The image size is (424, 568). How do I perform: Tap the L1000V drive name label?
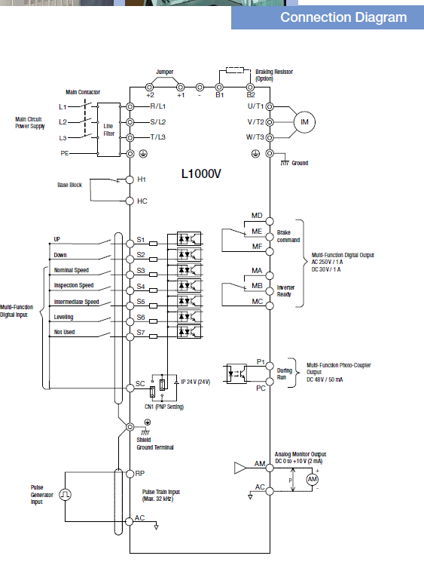point(201,174)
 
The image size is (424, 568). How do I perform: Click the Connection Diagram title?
point(343,17)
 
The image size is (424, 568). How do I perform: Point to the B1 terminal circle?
point(219,88)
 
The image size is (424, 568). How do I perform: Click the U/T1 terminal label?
point(256,106)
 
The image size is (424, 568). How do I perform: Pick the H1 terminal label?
point(142,180)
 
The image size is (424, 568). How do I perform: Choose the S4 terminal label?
point(141,287)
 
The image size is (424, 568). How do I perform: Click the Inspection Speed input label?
point(74,285)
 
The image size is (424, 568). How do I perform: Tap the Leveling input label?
point(64,317)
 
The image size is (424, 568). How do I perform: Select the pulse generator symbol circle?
point(65,495)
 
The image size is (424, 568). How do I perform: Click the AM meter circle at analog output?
point(313,480)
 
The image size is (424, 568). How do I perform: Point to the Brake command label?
point(288,236)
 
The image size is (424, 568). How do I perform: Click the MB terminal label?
point(258,286)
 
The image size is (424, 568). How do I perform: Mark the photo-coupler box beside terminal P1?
point(236,374)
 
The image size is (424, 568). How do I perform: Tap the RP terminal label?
point(139,474)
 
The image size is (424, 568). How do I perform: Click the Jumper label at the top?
point(165,72)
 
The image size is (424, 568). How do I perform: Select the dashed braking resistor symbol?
point(235,70)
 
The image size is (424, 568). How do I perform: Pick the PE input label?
point(65,153)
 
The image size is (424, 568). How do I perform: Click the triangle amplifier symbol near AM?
point(239,468)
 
